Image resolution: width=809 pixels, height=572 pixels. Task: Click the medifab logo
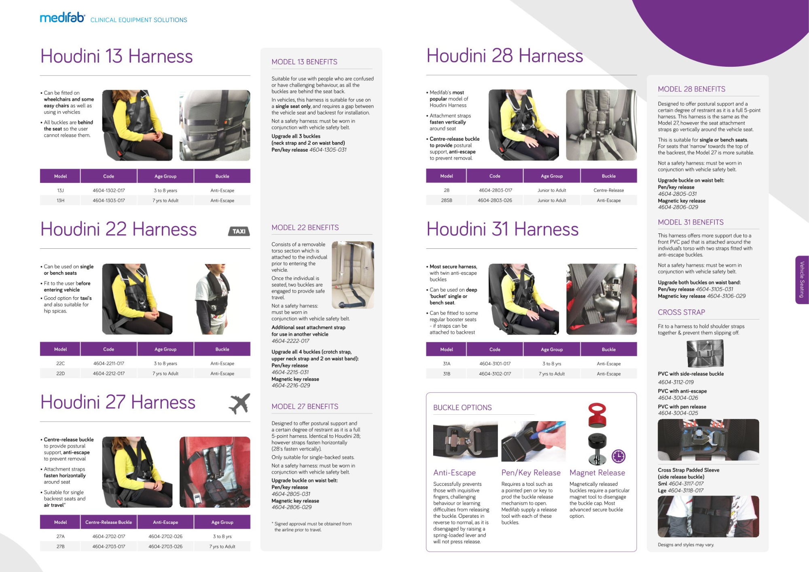[62, 18]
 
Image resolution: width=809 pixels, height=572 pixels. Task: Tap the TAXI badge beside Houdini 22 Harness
[239, 231]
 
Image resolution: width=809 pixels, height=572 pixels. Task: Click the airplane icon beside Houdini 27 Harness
[239, 403]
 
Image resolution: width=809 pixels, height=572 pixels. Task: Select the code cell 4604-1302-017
[109, 191]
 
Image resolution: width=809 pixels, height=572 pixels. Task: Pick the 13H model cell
[60, 201]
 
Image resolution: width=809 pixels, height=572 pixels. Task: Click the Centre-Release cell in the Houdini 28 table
[608, 191]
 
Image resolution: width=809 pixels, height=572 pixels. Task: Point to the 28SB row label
[447, 201]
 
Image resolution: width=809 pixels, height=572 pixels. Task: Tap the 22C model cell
[60, 364]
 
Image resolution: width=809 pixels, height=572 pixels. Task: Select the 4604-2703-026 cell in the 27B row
[165, 547]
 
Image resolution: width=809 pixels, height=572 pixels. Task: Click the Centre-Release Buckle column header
[108, 522]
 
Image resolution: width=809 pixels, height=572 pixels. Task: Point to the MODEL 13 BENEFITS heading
[304, 62]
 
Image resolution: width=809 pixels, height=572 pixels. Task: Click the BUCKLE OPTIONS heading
[462, 408]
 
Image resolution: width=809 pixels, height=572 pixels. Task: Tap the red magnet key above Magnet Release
[597, 415]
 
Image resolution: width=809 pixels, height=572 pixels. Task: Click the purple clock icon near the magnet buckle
[618, 456]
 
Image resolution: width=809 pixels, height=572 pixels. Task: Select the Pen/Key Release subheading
[531, 473]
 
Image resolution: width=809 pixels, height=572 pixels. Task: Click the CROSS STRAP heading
[681, 312]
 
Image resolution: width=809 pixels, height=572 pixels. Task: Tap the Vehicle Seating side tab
[802, 280]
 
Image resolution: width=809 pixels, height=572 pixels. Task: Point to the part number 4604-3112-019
[676, 382]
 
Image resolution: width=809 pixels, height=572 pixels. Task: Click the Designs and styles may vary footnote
[686, 545]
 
